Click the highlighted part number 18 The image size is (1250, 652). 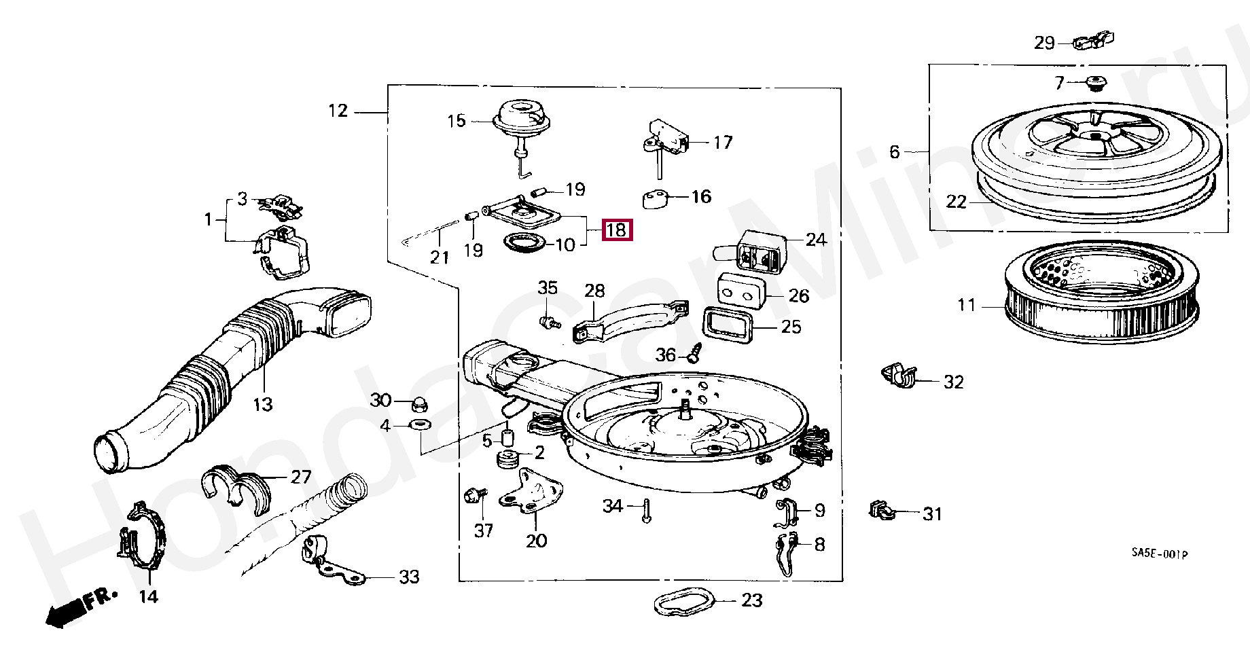[x=617, y=230]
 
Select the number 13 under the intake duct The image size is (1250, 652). [x=263, y=405]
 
